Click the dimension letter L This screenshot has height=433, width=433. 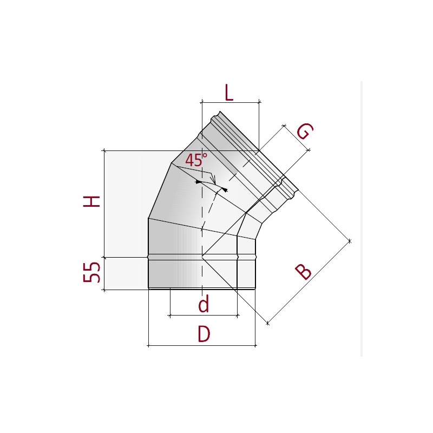click(x=229, y=93)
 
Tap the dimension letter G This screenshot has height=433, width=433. click(x=305, y=131)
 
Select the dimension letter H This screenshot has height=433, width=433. click(x=91, y=201)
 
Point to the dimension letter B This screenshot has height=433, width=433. click(x=303, y=272)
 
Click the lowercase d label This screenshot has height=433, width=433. click(x=204, y=304)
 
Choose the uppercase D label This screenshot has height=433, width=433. click(x=204, y=334)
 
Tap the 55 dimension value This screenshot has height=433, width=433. click(x=91, y=272)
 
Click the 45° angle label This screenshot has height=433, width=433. click(x=196, y=159)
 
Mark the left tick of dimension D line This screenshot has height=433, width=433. click(x=148, y=345)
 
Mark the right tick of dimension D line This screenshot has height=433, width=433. click(x=255, y=345)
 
